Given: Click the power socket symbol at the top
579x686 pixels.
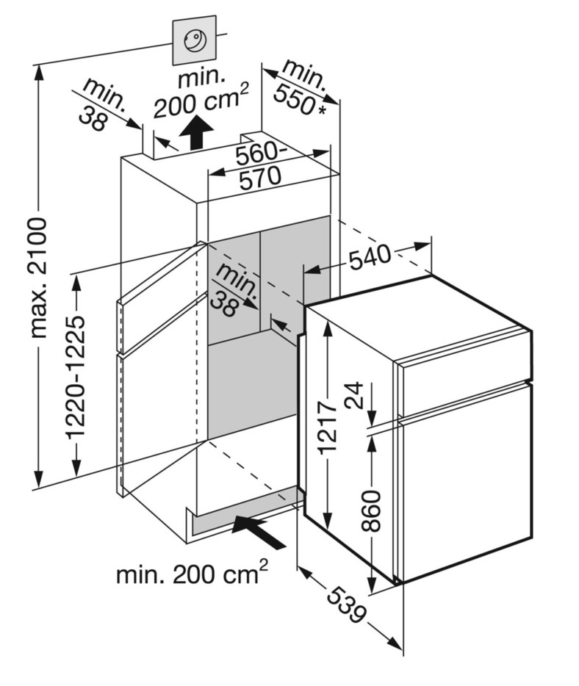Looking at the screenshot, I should pyautogui.click(x=195, y=41).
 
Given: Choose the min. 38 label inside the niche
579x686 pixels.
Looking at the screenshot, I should pyautogui.click(x=234, y=290).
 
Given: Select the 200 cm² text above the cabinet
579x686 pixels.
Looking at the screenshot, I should pyautogui.click(x=201, y=102).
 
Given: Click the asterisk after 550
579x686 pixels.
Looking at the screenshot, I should pyautogui.click(x=321, y=109).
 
